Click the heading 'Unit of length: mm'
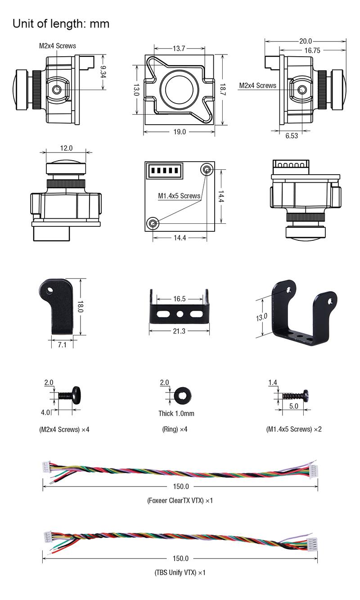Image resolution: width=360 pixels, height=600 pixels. [x=61, y=24]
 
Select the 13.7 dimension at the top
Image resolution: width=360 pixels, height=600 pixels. [x=179, y=49]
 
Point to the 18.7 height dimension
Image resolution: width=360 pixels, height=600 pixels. [x=223, y=89]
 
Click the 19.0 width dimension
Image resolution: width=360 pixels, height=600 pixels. [x=180, y=132]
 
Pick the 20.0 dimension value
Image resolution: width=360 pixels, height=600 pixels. [x=306, y=41]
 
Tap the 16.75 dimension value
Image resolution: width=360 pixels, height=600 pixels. [x=312, y=50]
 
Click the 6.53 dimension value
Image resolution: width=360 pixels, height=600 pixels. [x=292, y=136]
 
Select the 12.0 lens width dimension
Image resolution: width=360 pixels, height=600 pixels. [x=66, y=148]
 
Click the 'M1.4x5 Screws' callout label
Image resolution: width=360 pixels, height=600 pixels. [x=179, y=196]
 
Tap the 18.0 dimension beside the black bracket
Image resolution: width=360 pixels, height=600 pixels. [x=81, y=307]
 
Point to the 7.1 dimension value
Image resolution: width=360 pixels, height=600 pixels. [x=62, y=344]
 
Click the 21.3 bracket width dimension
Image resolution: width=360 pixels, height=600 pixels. [x=179, y=331]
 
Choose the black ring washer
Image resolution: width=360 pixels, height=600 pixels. [x=183, y=395]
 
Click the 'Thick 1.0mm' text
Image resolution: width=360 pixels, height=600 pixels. [x=176, y=413]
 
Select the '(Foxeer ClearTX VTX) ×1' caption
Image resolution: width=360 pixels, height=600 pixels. [x=180, y=501]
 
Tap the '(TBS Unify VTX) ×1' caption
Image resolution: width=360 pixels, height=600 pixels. [x=180, y=573]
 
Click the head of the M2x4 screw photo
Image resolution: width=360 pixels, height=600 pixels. [x=76, y=395]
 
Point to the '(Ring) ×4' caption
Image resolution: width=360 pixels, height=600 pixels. [x=175, y=429]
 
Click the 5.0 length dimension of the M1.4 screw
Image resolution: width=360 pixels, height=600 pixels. [x=293, y=406]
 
